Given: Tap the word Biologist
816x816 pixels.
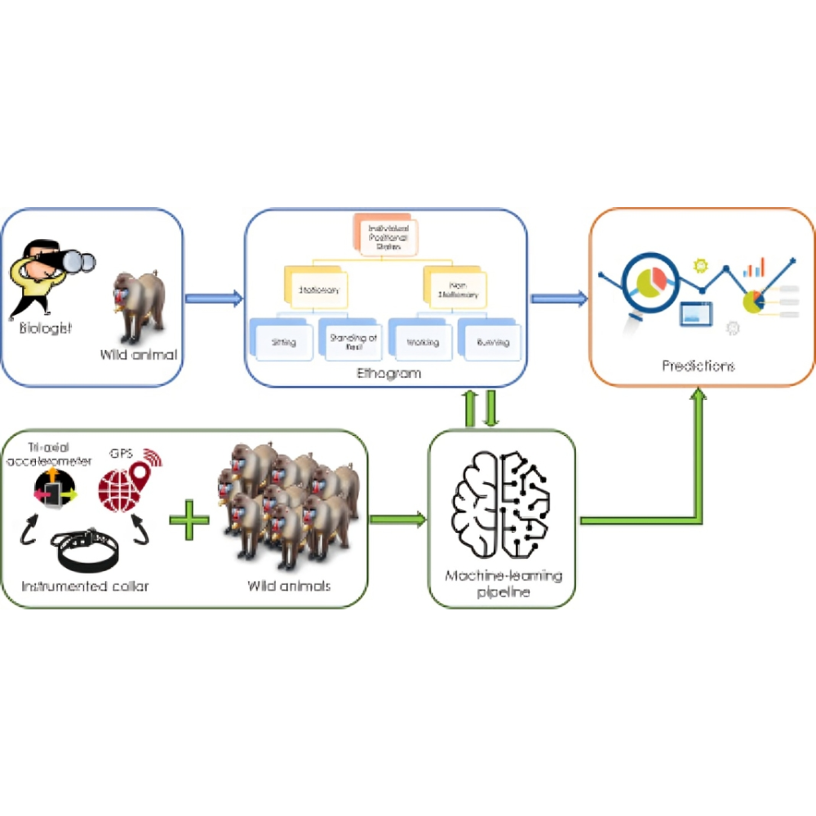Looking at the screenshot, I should (x=47, y=329).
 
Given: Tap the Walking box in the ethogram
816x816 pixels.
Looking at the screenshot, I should (x=421, y=341).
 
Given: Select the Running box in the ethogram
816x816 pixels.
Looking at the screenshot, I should (x=492, y=341).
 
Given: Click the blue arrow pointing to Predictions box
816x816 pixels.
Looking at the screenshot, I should (x=559, y=299).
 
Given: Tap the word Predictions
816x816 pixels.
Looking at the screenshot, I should (x=698, y=366).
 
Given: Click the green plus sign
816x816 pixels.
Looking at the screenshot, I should (x=189, y=520).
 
